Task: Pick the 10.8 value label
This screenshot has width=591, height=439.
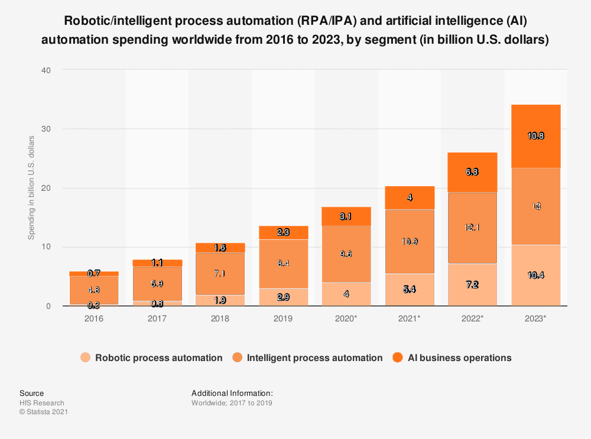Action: tap(535, 136)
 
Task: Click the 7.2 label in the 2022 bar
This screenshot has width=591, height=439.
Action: tap(472, 285)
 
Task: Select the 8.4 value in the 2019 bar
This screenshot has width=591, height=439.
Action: tap(283, 264)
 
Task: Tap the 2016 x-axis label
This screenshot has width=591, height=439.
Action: tap(94, 318)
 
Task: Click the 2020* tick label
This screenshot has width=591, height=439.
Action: tap(346, 318)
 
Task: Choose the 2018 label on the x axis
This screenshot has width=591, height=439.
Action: tap(220, 318)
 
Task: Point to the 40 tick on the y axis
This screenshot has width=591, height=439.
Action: tap(46, 70)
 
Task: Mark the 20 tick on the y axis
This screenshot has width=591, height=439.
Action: tap(46, 188)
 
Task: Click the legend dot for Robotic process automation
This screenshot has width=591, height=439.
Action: tap(86, 357)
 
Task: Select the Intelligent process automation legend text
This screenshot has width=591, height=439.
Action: tap(314, 357)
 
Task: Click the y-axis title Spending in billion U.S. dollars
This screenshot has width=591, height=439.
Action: tap(32, 188)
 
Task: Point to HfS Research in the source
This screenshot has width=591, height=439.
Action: tap(42, 403)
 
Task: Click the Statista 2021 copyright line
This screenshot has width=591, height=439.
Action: tap(44, 412)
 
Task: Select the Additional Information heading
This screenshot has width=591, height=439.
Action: tap(232, 393)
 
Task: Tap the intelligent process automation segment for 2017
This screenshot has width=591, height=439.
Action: tap(157, 284)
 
